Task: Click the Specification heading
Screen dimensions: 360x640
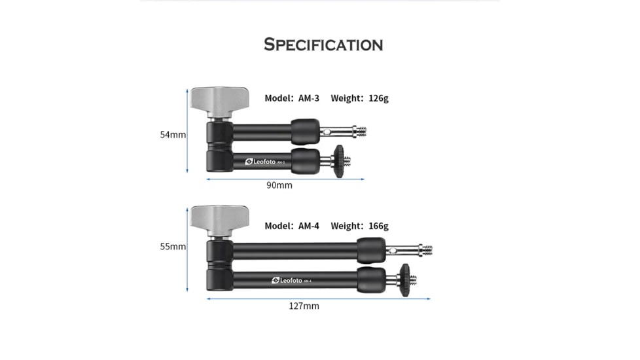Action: [x=323, y=45]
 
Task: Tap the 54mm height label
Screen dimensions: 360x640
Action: [x=173, y=135]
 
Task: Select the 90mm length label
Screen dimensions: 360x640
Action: [x=279, y=185]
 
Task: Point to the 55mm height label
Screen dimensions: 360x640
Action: [x=173, y=247]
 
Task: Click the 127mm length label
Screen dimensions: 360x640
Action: [x=304, y=306]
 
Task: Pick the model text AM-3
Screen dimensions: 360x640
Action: [x=309, y=98]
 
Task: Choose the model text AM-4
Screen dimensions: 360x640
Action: [x=309, y=226]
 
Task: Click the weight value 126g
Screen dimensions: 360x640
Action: [x=378, y=98]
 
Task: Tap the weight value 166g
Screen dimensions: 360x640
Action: [x=378, y=226]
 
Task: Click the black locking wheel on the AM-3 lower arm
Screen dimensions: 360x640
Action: [x=339, y=160]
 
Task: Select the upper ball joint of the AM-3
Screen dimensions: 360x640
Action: [x=305, y=131]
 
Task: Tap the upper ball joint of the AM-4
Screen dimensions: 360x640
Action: [x=371, y=250]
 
